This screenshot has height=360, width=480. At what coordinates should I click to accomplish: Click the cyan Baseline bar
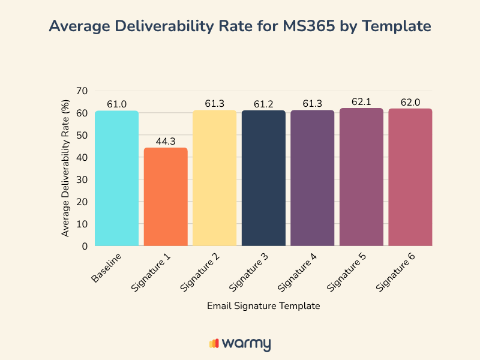[x=116, y=178]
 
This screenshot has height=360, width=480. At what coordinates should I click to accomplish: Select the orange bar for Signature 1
[x=166, y=197]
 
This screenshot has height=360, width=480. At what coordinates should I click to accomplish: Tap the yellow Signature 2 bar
[x=214, y=178]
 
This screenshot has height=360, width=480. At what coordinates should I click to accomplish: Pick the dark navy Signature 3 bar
[x=263, y=178]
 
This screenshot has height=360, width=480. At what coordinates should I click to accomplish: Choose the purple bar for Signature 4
[x=312, y=178]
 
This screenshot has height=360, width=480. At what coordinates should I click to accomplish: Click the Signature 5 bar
[x=361, y=177]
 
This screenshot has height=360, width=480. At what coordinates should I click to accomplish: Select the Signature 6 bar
[x=410, y=177]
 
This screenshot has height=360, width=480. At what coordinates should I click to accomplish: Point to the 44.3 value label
[x=166, y=141]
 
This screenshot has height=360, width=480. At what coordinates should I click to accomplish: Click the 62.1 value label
[x=361, y=102]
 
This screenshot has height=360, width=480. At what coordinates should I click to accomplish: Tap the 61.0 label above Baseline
[x=116, y=104]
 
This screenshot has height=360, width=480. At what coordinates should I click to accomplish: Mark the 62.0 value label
[x=410, y=103]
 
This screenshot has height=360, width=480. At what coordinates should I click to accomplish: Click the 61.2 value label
[x=263, y=104]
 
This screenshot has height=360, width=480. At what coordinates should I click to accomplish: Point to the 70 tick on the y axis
[x=82, y=91]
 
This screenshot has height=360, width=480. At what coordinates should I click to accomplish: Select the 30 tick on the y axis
[x=82, y=179]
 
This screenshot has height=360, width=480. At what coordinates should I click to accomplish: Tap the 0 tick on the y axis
[x=85, y=246]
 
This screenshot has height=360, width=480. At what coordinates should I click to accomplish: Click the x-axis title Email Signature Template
[x=263, y=306]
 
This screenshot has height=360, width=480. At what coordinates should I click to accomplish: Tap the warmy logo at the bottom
[x=240, y=344]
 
